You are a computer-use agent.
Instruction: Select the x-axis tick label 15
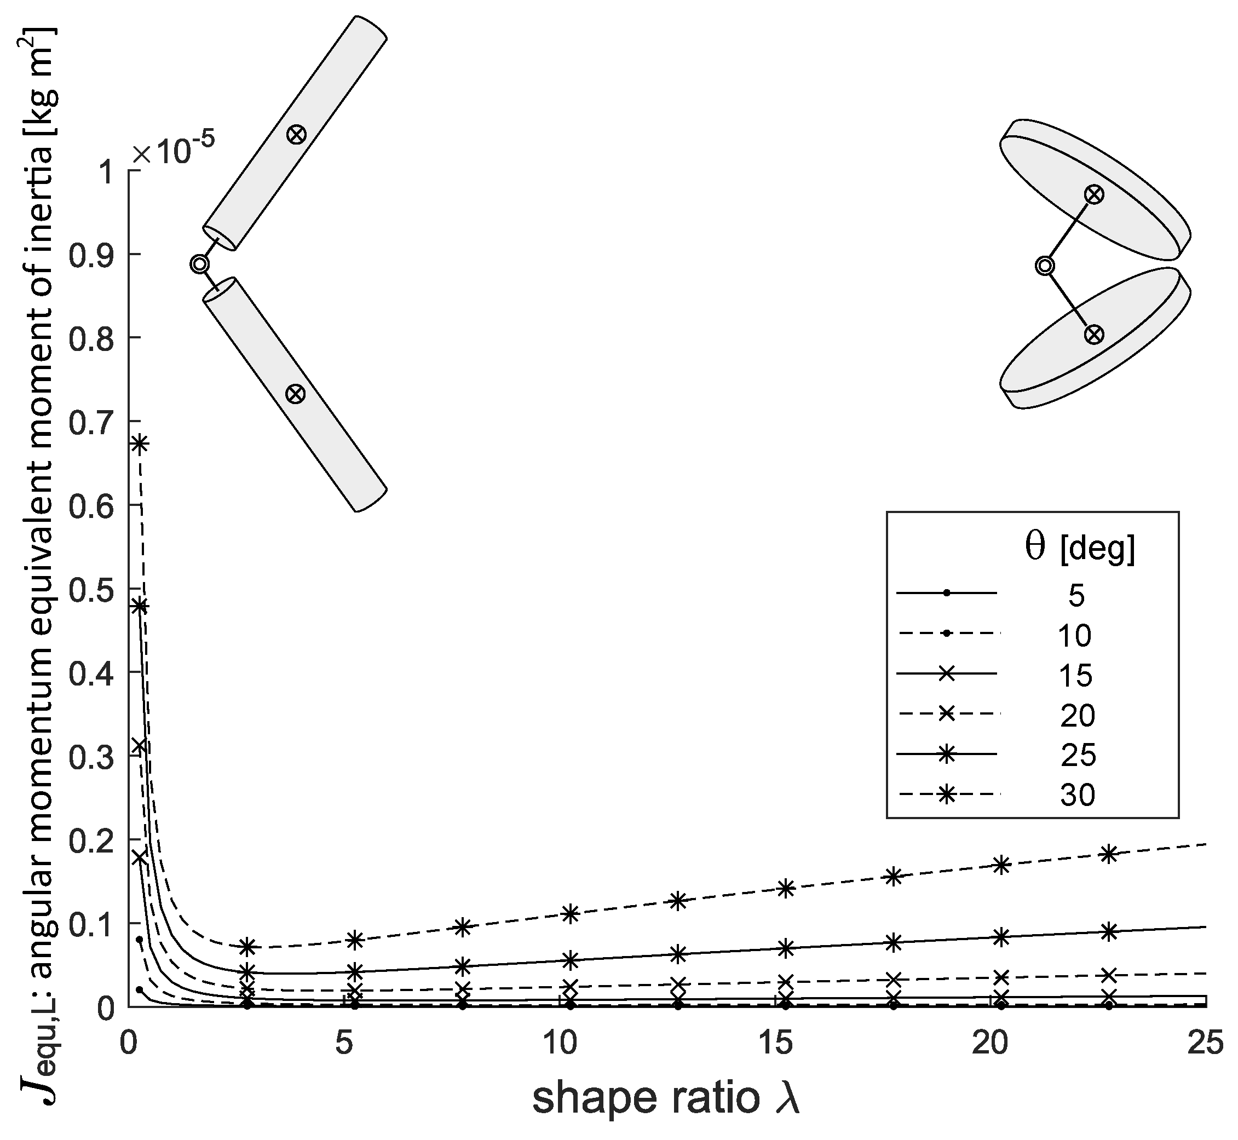point(775,1043)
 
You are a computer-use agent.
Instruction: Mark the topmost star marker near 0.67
point(140,444)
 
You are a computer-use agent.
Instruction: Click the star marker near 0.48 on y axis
point(140,606)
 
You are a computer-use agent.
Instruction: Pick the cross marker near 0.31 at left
point(140,745)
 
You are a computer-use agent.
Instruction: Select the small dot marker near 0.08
point(140,940)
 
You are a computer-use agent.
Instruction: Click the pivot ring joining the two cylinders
point(199,264)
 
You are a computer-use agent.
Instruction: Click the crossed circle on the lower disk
point(1093,335)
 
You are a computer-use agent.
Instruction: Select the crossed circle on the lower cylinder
point(296,394)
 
